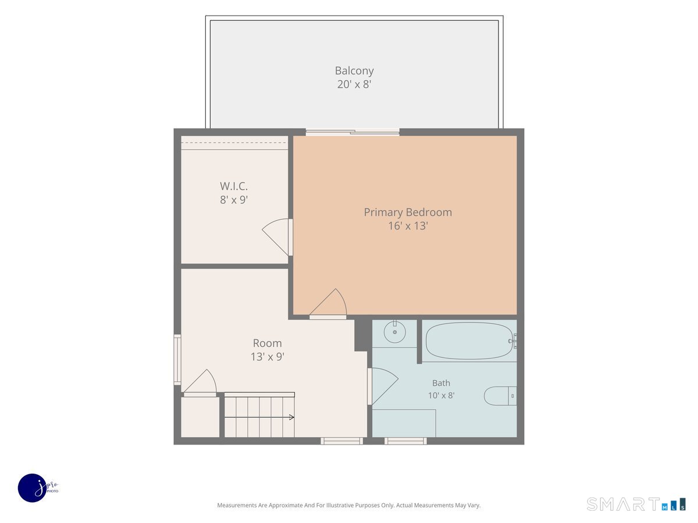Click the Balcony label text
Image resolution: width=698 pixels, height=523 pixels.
354,70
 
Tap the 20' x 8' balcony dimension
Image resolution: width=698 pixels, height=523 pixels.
354,84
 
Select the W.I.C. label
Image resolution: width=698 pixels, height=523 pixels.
234,186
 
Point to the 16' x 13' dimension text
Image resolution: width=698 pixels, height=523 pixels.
408,226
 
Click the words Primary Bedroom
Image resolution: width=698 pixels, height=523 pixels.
408,212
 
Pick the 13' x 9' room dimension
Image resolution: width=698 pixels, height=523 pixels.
267,357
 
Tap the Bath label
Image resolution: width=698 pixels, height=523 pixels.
441,383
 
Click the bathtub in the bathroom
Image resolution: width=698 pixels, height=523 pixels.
469,341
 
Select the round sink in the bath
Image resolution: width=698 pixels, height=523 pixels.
394,332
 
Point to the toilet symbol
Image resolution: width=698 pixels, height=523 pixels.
500,396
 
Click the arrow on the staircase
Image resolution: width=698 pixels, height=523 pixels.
259,417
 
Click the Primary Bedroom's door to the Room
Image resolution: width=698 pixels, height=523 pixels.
328,304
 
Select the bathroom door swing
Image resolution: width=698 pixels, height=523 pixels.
383,386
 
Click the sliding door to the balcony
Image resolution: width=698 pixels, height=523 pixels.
352,132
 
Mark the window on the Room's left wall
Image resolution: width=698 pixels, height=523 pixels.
177,360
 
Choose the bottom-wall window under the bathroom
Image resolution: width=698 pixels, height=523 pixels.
405,440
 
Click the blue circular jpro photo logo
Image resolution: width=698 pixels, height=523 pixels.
33,488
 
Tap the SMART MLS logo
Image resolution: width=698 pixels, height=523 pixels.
636,504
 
